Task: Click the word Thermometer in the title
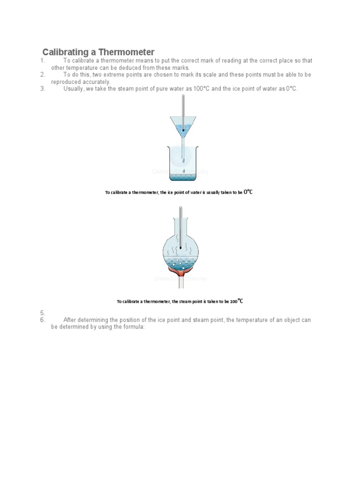pyautogui.click(x=126, y=52)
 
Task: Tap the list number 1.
pyautogui.click(x=42, y=61)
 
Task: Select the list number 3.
pyautogui.click(x=42, y=89)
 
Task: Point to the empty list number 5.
pyautogui.click(x=42, y=313)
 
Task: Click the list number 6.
pyautogui.click(x=42, y=320)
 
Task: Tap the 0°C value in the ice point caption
pyautogui.click(x=248, y=192)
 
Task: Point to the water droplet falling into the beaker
pyautogui.click(x=183, y=170)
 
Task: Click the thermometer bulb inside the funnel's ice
pyautogui.click(x=183, y=130)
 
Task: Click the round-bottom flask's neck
pyautogui.click(x=181, y=220)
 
